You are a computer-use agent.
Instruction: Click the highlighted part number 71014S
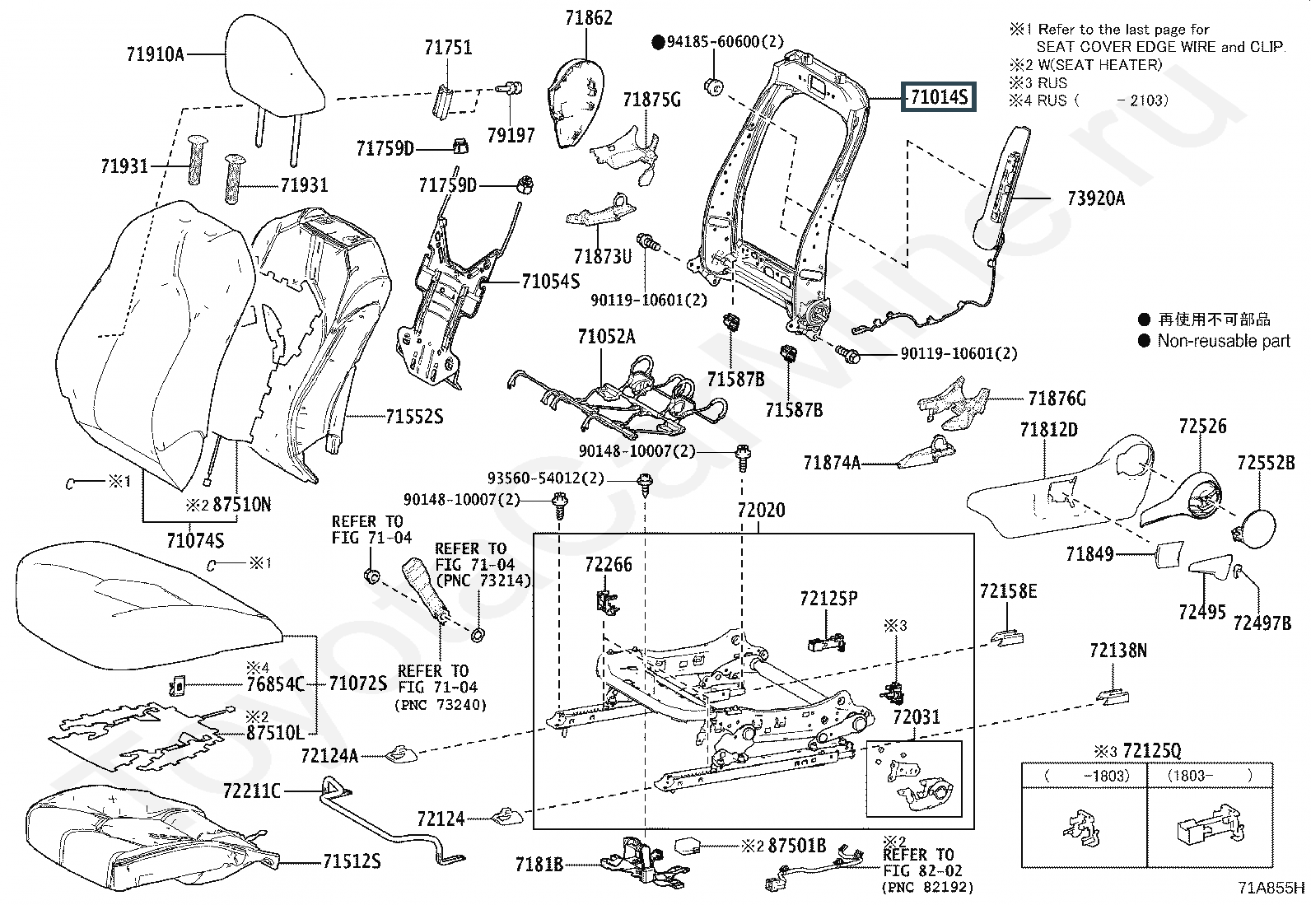(938, 97)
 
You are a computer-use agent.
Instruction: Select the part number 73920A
(1095, 198)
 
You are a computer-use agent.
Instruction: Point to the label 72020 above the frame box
(761, 511)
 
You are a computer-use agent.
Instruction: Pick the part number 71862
(589, 18)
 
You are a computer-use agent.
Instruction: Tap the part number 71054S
(550, 282)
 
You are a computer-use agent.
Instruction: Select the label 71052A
(606, 337)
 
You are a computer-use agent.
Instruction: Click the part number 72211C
(251, 791)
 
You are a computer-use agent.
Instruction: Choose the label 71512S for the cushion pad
(352, 862)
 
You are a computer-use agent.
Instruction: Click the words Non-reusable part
(1224, 341)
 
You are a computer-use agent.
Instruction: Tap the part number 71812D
(1048, 430)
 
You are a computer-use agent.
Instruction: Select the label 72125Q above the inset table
(1151, 751)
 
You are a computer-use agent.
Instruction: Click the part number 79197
(511, 135)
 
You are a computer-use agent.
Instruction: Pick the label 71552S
(414, 418)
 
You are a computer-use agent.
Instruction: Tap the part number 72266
(609, 565)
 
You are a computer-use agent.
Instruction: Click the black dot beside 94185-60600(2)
(658, 42)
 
